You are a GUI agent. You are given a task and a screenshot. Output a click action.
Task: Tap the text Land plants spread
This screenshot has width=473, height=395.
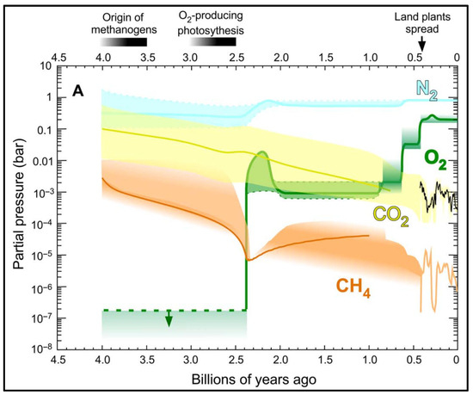(421, 20)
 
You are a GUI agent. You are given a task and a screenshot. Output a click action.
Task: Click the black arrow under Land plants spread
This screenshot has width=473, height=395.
(421, 43)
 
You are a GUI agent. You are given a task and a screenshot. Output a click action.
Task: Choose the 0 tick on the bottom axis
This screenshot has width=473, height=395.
(456, 361)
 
